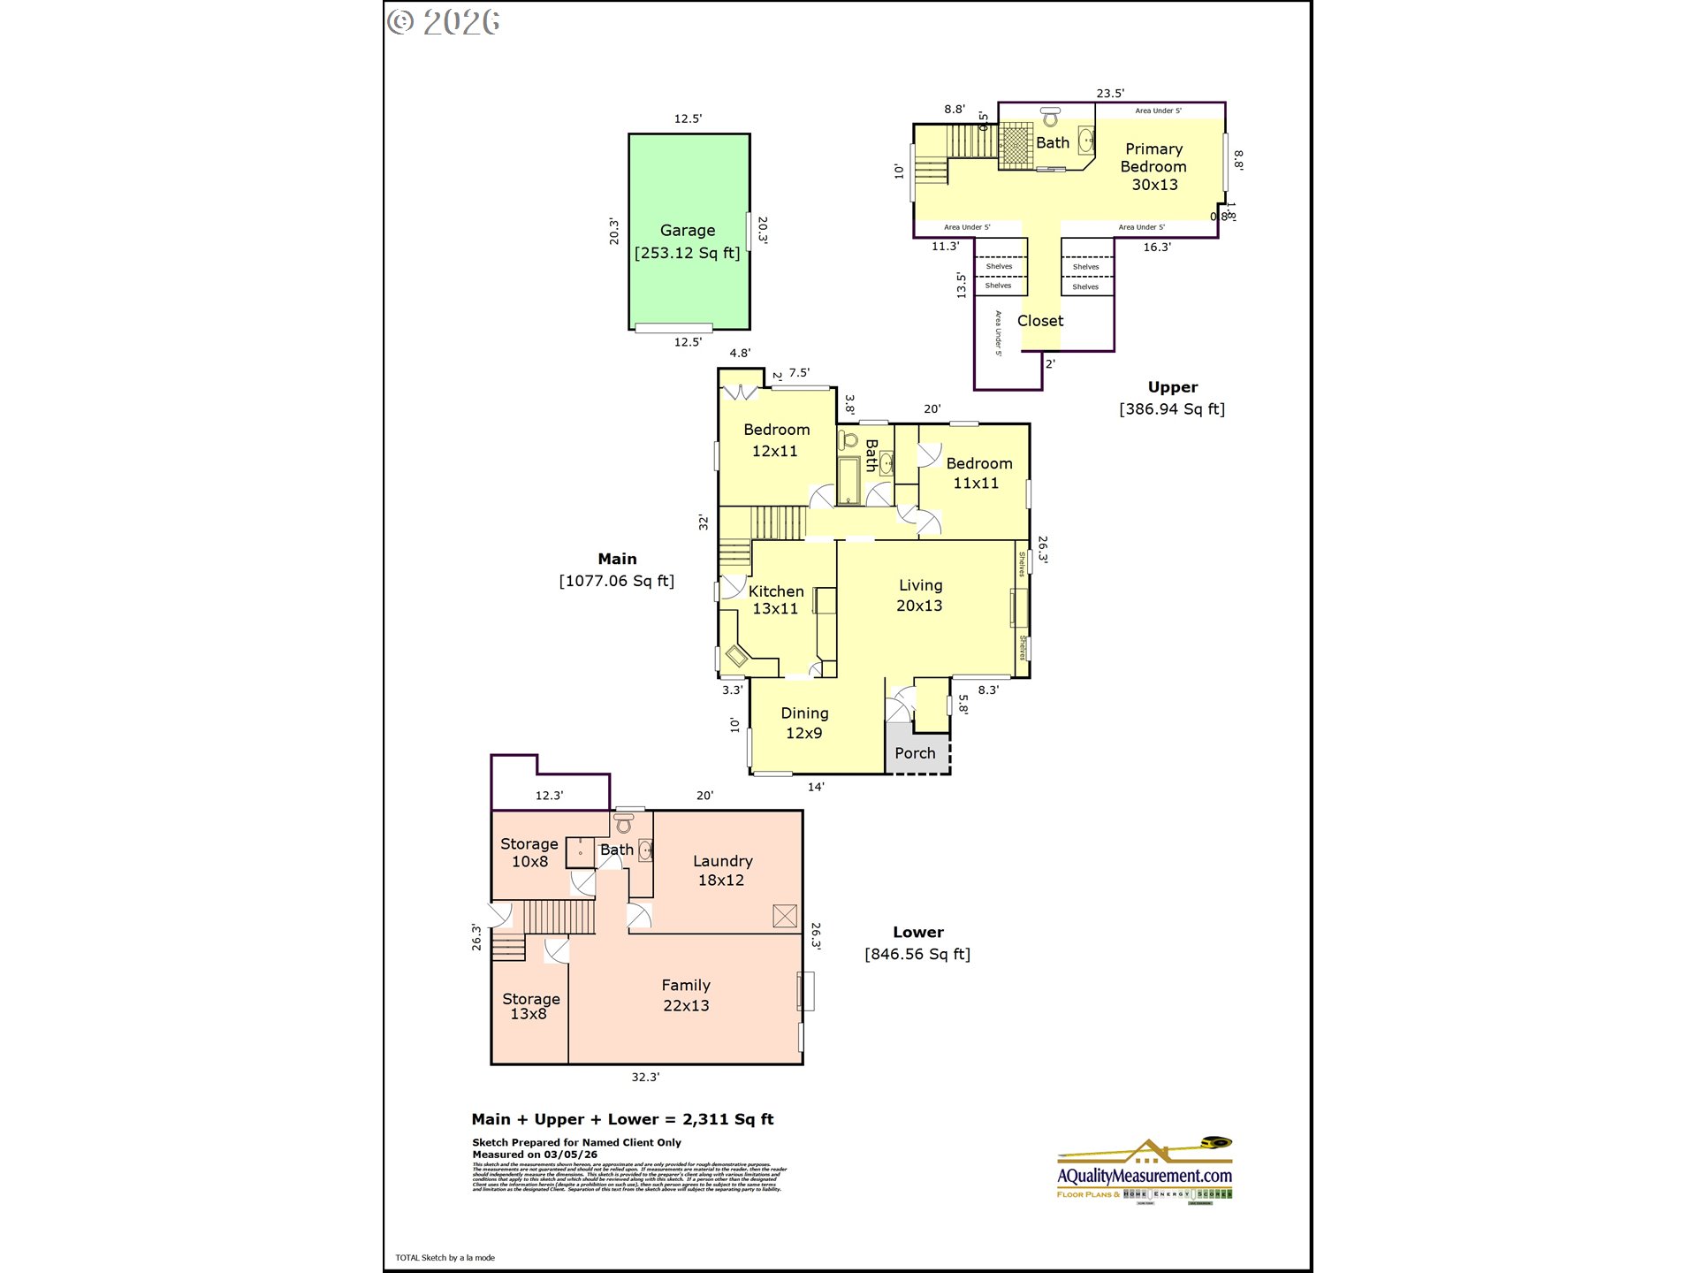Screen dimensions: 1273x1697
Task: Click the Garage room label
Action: (688, 231)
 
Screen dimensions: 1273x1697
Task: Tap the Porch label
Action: (915, 753)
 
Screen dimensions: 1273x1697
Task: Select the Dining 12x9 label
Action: (804, 722)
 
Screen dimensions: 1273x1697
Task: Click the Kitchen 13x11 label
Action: (776, 599)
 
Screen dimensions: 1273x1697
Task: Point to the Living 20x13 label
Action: (920, 595)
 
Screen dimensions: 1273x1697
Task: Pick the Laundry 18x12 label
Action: (722, 870)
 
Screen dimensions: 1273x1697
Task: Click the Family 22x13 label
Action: (686, 995)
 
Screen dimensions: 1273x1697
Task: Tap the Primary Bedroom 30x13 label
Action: (1153, 166)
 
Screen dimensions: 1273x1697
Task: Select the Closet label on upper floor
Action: (1040, 321)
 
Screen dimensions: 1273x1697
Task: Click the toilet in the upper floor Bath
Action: (1050, 116)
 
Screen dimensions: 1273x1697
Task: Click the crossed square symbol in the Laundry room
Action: (785, 916)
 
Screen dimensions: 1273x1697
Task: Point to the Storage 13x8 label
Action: (530, 1006)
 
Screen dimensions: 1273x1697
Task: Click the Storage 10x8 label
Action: (529, 852)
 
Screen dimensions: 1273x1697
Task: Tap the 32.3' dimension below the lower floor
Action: (645, 1077)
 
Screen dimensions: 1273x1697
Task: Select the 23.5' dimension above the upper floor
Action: (1110, 93)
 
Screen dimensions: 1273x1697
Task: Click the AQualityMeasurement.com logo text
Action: (1145, 1176)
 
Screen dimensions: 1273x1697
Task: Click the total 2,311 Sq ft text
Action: (727, 1119)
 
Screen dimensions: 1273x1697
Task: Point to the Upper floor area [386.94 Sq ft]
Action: (1172, 408)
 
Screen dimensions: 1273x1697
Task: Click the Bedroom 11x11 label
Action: (978, 473)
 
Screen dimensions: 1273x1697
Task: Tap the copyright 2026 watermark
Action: (444, 22)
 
